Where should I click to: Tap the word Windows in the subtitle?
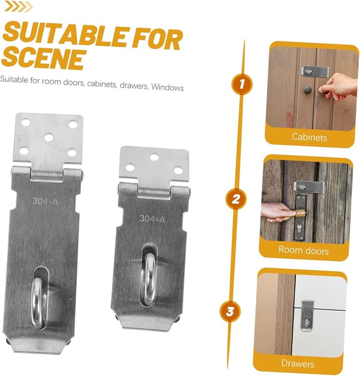pyautogui.click(x=167, y=87)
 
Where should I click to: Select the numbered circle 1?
pyautogui.click(x=242, y=85)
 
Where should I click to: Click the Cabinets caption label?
pyautogui.click(x=309, y=137)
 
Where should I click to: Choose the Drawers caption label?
pyautogui.click(x=297, y=363)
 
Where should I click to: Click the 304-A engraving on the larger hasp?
pyautogui.click(x=45, y=201)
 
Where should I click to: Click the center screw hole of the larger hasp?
pyautogui.click(x=49, y=137)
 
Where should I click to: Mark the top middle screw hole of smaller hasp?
pyautogui.click(x=154, y=157)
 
